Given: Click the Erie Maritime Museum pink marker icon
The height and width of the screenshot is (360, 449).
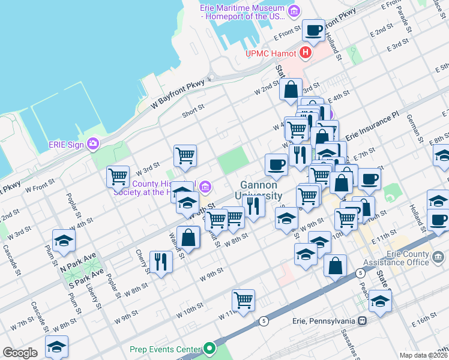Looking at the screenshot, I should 294,11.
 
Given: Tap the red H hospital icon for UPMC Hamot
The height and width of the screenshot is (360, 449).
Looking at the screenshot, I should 306,53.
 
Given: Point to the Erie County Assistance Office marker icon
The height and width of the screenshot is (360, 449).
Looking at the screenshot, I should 439,257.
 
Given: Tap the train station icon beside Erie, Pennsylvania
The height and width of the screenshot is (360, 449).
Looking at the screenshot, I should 362,321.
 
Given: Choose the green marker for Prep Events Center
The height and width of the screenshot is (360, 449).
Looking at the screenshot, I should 209,349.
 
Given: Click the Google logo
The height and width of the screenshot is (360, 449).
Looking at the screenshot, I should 20,353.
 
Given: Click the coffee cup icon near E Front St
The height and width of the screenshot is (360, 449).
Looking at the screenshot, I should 313,29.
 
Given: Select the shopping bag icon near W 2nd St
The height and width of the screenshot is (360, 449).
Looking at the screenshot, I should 291,90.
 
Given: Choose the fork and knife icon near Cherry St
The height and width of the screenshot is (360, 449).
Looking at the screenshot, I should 161,262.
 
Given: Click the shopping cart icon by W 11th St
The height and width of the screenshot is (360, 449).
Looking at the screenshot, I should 243,300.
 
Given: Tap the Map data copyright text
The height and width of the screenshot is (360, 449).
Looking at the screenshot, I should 423,355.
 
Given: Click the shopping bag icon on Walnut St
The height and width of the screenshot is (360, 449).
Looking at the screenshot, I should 188,237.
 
